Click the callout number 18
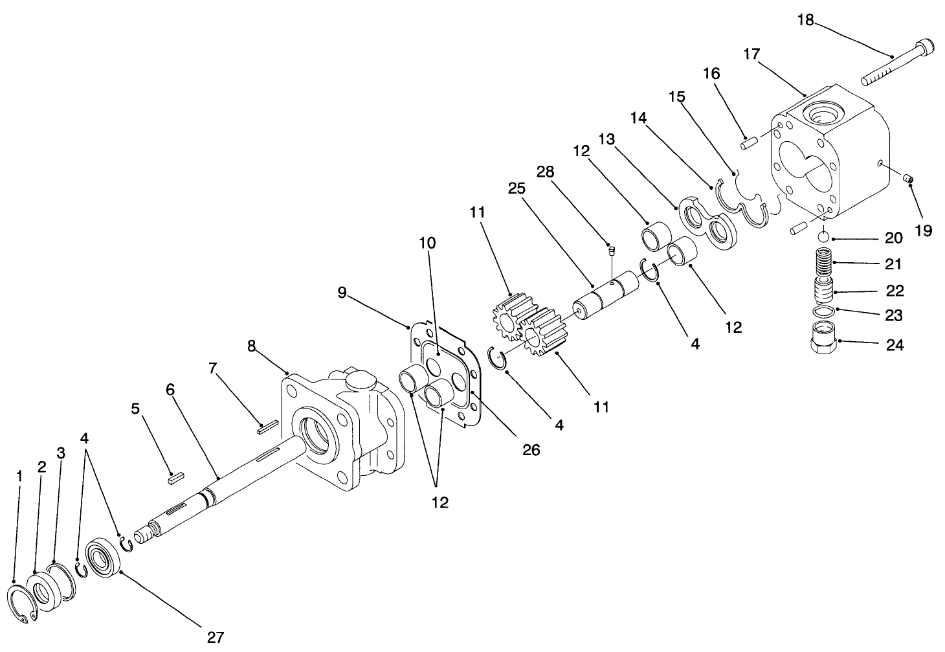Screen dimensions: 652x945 click(x=805, y=20)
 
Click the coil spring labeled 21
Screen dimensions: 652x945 click(x=821, y=264)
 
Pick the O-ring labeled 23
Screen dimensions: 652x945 click(x=822, y=312)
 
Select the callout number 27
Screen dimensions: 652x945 click(x=215, y=636)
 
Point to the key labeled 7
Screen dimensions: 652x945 click(x=266, y=425)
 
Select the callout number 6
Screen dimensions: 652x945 click(x=170, y=389)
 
